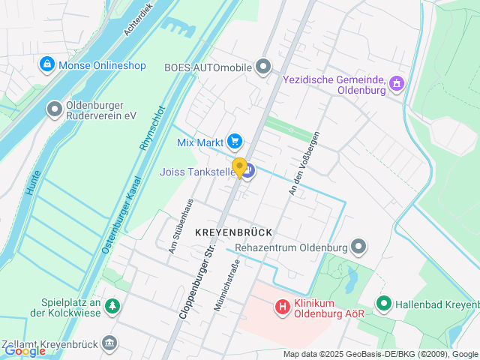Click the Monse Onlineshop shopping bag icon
pyautogui.click(x=47, y=65)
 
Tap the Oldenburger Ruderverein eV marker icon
pyautogui.click(x=54, y=110)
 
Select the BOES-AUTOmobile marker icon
pyautogui.click(x=262, y=67)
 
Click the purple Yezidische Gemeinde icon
pyautogui.click(x=397, y=83)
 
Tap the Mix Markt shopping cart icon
pyautogui.click(x=235, y=140)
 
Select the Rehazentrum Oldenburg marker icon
pyautogui.click(x=359, y=247)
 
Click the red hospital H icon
pyautogui.click(x=283, y=306)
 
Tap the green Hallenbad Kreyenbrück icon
pyautogui.click(x=384, y=304)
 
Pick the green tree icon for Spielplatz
pyautogui.click(x=112, y=305)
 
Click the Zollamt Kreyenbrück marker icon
pyautogui.click(x=110, y=343)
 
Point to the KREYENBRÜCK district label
pyautogui.click(x=232, y=232)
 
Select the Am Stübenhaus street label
pyautogui.click(x=181, y=226)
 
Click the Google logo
pyautogui.click(x=25, y=350)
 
